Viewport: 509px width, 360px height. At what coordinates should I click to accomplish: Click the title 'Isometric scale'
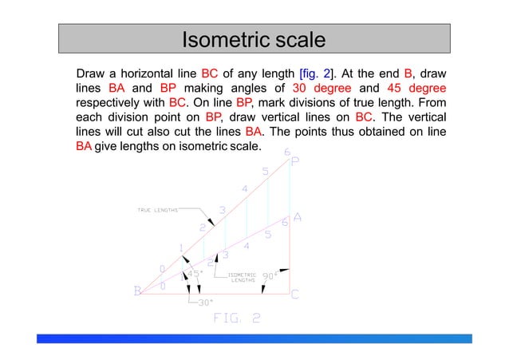point(254,39)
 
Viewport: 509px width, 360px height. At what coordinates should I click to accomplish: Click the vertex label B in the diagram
point(137,292)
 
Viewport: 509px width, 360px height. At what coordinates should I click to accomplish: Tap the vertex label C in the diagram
point(294,294)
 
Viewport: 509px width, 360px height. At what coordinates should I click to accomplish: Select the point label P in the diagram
point(295,162)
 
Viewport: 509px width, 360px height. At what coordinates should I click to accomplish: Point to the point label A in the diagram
point(298,217)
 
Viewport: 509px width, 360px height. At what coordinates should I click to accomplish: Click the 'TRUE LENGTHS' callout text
point(158,210)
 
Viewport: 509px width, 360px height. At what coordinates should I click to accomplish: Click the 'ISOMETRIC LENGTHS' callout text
point(243,276)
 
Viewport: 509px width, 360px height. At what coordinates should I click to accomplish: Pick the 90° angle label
point(271,275)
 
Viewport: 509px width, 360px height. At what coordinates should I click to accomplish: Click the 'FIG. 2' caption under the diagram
point(236,318)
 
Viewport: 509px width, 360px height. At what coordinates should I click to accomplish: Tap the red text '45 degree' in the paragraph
point(416,88)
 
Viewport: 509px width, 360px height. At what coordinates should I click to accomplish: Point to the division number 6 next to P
point(287,152)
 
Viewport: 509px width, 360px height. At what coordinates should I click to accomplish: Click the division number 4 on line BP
point(245,188)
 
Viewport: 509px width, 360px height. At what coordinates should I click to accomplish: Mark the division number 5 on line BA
point(268,235)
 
